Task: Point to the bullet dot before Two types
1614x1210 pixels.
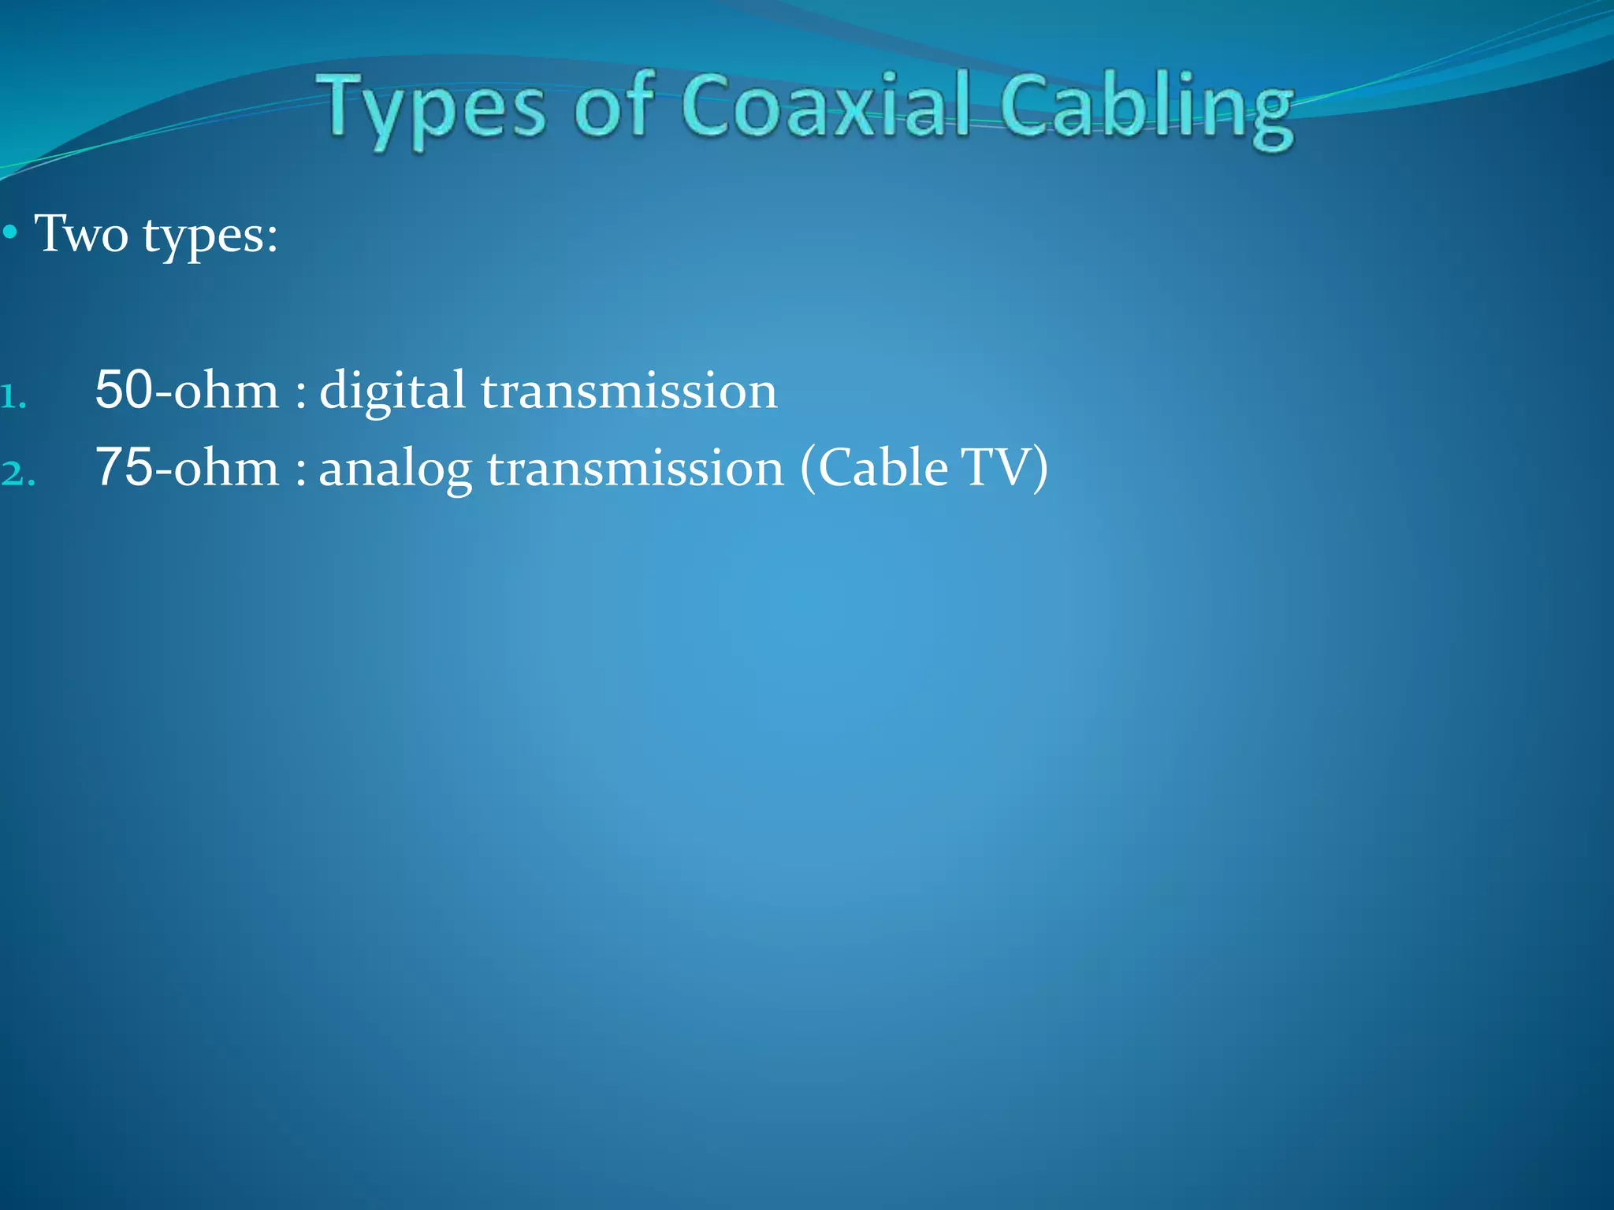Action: [x=10, y=233]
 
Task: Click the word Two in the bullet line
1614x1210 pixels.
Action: [x=81, y=234]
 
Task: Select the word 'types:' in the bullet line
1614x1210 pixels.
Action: [x=210, y=236]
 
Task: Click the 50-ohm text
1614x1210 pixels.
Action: [x=187, y=390]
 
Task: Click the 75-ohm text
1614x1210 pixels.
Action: [x=187, y=467]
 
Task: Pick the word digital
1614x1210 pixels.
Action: [x=392, y=392]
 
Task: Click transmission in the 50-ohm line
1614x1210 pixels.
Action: [x=629, y=392]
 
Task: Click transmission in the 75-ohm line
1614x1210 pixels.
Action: [x=635, y=469]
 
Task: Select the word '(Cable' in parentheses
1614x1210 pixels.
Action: [x=874, y=469]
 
